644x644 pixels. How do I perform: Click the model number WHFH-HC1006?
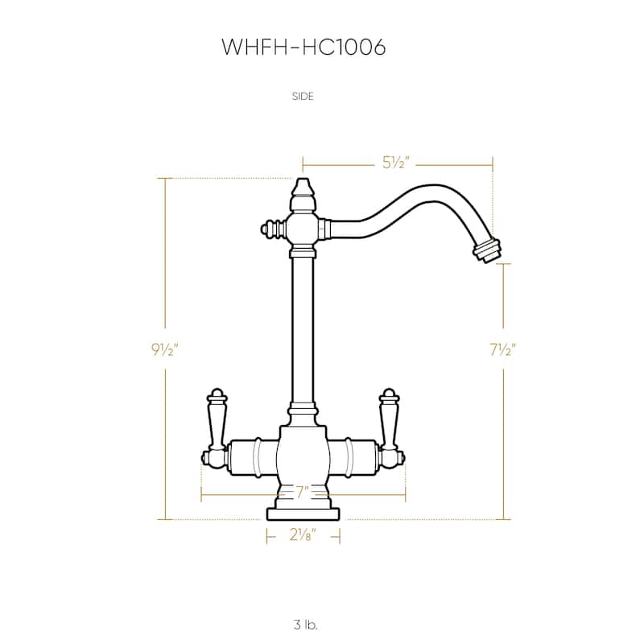303,47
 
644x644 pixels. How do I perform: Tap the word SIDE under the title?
303,96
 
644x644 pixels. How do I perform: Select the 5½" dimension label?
396,164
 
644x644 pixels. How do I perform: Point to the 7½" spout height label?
502,349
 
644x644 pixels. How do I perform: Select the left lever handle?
216,419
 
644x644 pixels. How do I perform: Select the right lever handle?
390,419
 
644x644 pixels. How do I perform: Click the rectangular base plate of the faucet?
303,514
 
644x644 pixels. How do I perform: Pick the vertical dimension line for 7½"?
505,435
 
